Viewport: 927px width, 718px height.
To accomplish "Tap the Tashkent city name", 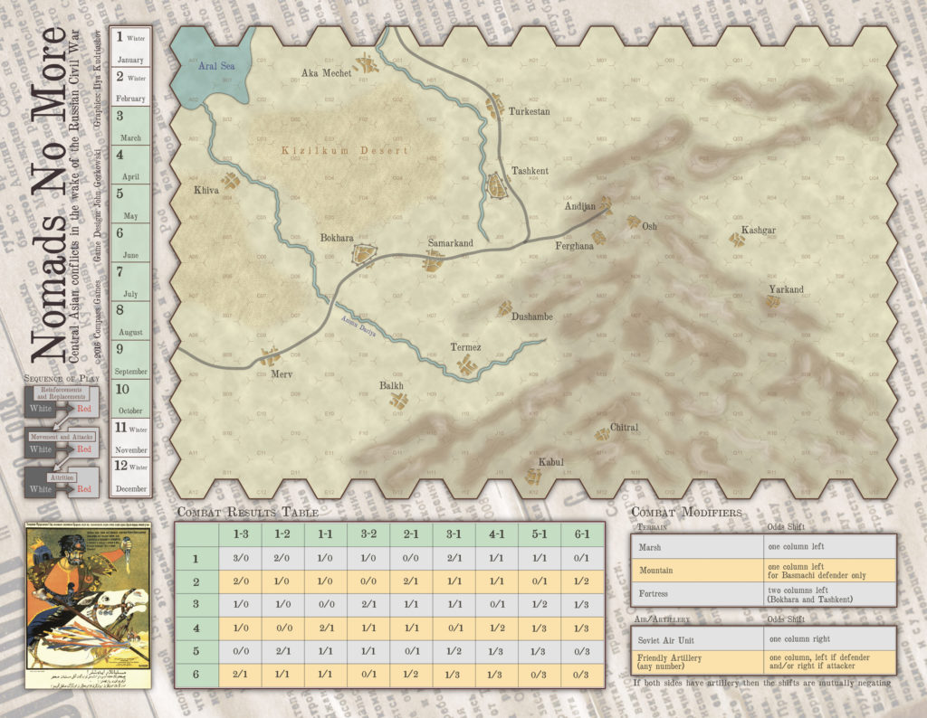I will click(x=530, y=171).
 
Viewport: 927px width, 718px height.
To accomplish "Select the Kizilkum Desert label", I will click(x=344, y=151).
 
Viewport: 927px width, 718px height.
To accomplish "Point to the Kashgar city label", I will click(x=759, y=231).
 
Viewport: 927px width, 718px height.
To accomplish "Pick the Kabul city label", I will click(x=550, y=462).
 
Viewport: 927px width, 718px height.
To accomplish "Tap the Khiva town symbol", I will click(x=231, y=181).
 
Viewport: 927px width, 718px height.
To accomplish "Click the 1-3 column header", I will click(x=240, y=534).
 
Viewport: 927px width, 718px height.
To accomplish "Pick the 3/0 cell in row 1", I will click(x=240, y=558).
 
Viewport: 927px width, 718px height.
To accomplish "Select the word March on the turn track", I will click(x=129, y=138).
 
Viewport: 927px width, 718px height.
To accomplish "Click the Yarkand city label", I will click(x=786, y=290).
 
